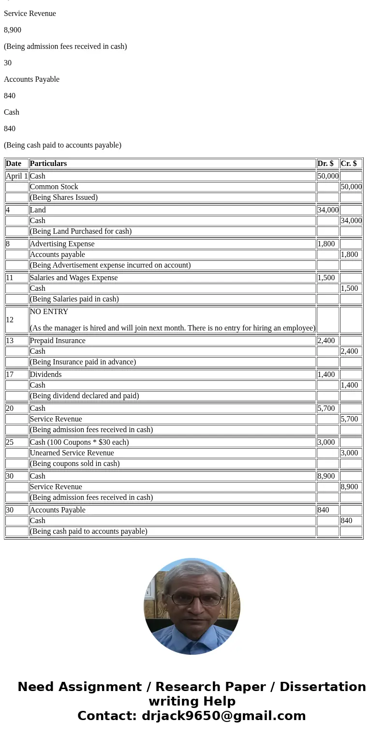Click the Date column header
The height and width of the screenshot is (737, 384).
tap(14, 164)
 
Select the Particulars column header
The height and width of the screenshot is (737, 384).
tap(48, 164)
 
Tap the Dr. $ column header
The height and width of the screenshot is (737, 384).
tap(325, 164)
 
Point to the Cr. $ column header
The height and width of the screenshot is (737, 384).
tap(349, 164)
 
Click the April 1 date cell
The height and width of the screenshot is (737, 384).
tap(17, 176)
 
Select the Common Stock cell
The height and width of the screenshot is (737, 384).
tap(54, 187)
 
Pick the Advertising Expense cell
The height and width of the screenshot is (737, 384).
tap(62, 244)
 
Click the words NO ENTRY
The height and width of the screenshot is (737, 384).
tap(49, 312)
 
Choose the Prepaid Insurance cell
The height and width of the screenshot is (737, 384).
tap(58, 341)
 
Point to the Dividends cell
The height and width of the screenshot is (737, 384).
tap(45, 375)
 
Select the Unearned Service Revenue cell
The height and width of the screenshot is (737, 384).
tap(72, 453)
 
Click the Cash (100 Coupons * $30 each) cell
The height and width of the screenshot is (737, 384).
tap(79, 442)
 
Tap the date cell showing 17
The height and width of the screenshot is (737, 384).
tap(10, 375)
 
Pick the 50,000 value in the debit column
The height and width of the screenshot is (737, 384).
tap(328, 176)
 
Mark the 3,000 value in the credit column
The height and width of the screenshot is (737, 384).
tap(349, 453)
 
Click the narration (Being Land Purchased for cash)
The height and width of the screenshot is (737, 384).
tap(81, 231)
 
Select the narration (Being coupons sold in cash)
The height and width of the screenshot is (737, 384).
tap(74, 464)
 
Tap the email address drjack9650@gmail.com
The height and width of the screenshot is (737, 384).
tap(223, 716)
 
